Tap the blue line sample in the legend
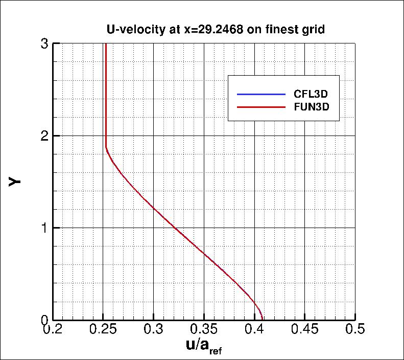click(x=260, y=95)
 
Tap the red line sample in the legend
click(x=260, y=107)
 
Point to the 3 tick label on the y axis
click(x=44, y=44)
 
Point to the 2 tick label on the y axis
click(x=44, y=136)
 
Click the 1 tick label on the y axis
click(x=44, y=228)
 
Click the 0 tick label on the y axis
click(x=44, y=320)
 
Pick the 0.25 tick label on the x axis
click(x=104, y=330)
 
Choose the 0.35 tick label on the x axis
click(x=204, y=330)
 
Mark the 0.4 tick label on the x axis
click(x=254, y=330)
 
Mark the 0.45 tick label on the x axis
click(x=304, y=330)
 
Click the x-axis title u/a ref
click(x=203, y=347)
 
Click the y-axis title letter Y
click(x=15, y=182)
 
